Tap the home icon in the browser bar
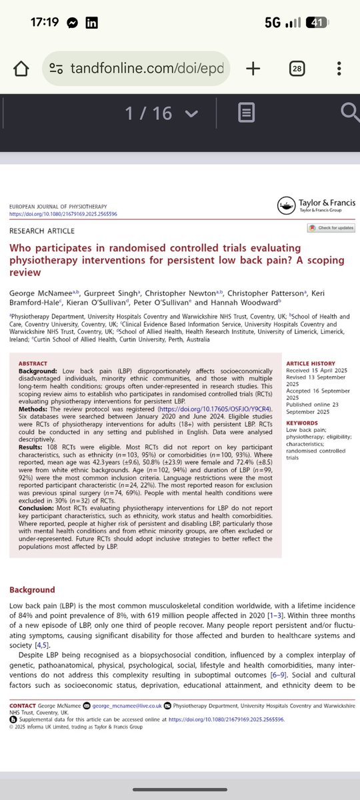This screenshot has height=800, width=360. tap(21, 68)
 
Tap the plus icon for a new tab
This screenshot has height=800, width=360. tap(253, 68)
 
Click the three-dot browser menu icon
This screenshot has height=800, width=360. tap(339, 68)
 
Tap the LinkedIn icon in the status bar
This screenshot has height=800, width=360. tap(92, 22)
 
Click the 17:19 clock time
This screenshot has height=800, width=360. tap(45, 22)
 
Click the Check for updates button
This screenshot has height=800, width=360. tap(331, 228)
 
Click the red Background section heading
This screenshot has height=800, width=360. tap(32, 590)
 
